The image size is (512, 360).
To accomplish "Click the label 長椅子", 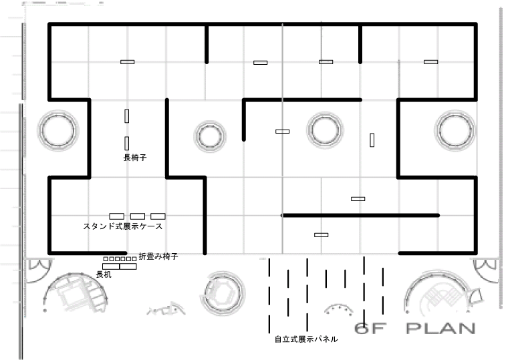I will pyautogui.click(x=135, y=158).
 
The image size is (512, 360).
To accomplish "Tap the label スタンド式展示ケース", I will pyautogui.click(x=123, y=226).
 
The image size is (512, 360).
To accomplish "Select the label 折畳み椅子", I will pyautogui.click(x=158, y=256).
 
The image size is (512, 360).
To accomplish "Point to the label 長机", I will pyautogui.click(x=104, y=275).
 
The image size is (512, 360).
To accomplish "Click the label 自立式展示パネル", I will pyautogui.click(x=306, y=339).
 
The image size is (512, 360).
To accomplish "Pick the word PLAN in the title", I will pyautogui.click(x=440, y=329).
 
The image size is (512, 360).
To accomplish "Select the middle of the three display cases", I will pyautogui.click(x=138, y=216).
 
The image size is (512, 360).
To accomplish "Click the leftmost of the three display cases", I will pyautogui.click(x=116, y=216).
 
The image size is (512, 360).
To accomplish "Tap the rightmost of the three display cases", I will pyautogui.click(x=158, y=216).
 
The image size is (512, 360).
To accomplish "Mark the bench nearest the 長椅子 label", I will pyautogui.click(x=126, y=142).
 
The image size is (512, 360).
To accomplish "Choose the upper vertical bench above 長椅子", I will pyautogui.click(x=126, y=115).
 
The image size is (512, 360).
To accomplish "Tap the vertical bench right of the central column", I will pyautogui.click(x=372, y=140).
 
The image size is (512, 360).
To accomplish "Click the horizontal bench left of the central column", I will pyautogui.click(x=282, y=131).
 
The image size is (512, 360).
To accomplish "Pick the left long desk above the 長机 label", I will pyautogui.click(x=111, y=266).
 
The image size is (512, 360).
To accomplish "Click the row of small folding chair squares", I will pyautogui.click(x=120, y=258).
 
